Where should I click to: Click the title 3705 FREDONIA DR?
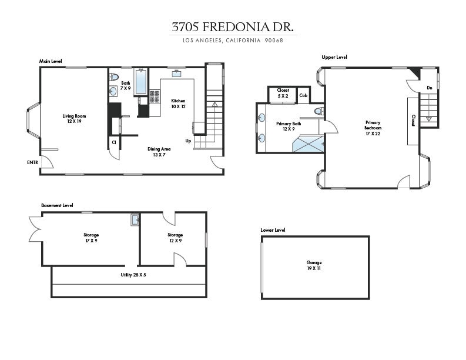pos(233,27)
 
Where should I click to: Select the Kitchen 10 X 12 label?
pos(178,104)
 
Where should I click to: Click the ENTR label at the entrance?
pos(32,162)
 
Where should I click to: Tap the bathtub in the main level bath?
pos(141,82)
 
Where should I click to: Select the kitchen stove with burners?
pos(155,96)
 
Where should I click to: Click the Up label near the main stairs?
pos(188,141)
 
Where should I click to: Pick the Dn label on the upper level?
pos(430,88)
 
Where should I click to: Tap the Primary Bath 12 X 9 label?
pos(289,126)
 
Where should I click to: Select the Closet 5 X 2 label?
pos(283,93)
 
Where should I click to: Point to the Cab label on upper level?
pos(303,95)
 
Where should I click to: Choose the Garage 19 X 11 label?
pos(314,265)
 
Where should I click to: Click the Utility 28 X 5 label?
pos(130,275)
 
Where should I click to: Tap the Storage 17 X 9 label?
pos(91,238)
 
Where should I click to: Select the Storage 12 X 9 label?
pos(175,238)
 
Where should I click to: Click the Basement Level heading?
pos(57,205)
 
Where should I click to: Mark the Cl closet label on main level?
pos(113,142)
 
